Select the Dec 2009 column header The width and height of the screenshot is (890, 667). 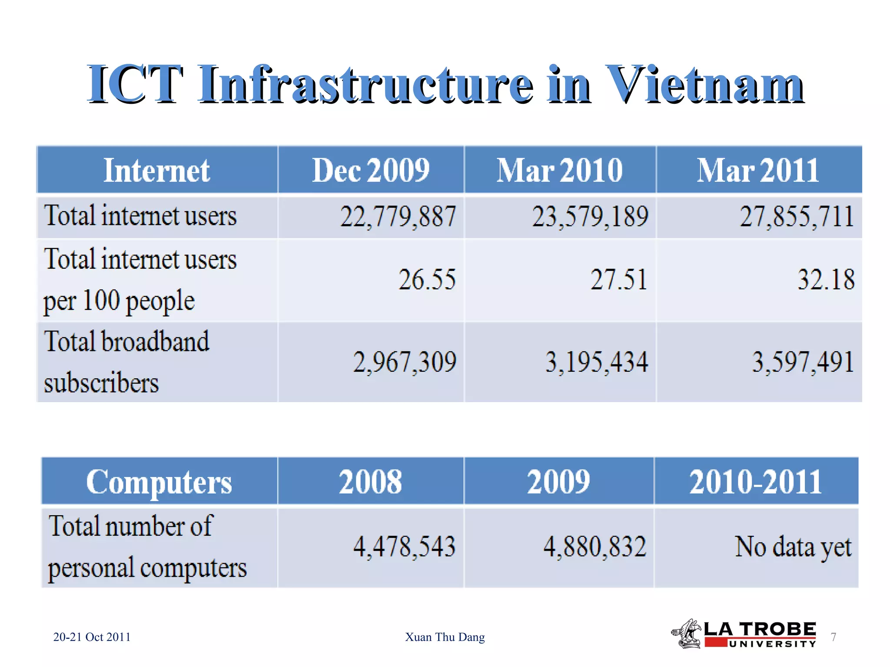pos(371,170)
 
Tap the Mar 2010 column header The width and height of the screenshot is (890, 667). pos(560,170)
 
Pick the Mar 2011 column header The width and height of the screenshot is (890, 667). pos(758,170)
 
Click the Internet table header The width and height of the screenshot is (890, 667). pos(156,170)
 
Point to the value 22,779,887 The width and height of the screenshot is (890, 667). pos(398,216)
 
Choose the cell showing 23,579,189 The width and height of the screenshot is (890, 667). pos(590,216)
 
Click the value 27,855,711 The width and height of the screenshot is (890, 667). pos(797,216)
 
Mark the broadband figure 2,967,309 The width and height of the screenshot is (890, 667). pos(404,362)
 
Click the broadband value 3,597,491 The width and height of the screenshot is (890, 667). pos(803,362)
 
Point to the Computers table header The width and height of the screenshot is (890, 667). pos(159,482)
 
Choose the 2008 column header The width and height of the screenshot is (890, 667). pos(370,482)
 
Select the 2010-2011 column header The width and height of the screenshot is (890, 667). pos(755,482)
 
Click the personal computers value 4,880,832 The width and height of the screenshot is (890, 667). pos(594,546)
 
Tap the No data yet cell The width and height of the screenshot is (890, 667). pos(793,546)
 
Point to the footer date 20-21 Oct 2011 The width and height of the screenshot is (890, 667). pos(92,637)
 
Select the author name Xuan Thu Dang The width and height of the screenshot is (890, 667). pos(445,637)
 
